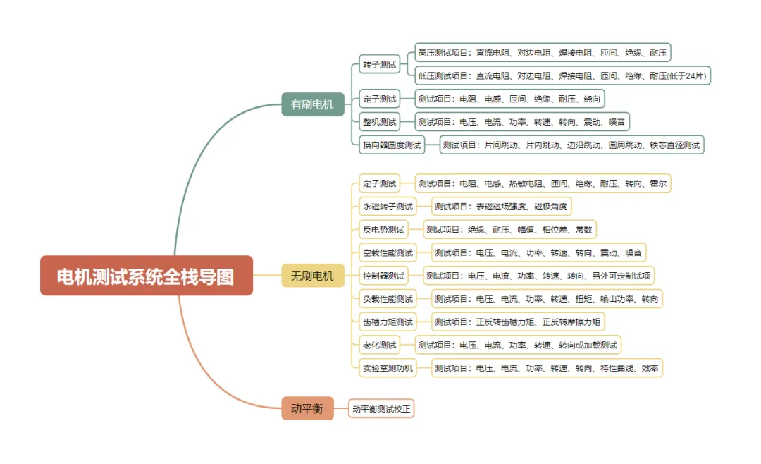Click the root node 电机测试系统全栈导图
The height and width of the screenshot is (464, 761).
coord(146,276)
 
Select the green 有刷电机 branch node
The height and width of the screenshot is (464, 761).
coord(312,104)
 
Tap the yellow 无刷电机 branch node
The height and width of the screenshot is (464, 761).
coord(312,276)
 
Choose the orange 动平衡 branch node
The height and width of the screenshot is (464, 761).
coord(307,408)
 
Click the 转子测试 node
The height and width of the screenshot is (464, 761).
coord(379,65)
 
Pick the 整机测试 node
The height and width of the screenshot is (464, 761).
coord(379,122)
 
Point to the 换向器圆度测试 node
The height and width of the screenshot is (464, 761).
coord(391,145)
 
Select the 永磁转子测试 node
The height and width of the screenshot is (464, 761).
coord(388,207)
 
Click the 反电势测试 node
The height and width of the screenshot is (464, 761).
coord(383,230)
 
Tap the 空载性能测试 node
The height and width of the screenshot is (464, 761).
coord(388,252)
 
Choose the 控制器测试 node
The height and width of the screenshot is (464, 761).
coord(383,276)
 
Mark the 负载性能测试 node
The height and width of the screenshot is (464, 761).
coord(388,299)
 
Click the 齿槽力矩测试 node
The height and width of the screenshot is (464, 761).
coord(388,322)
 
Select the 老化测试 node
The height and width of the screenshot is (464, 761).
coord(379,345)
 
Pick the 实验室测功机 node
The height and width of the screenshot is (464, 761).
coord(388,368)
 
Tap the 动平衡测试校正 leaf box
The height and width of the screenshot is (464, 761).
coord(381,408)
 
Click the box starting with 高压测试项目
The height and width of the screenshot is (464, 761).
coord(542,52)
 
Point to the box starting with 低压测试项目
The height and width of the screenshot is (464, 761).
coord(562,75)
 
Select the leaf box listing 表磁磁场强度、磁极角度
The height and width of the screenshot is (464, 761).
coord(501,207)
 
